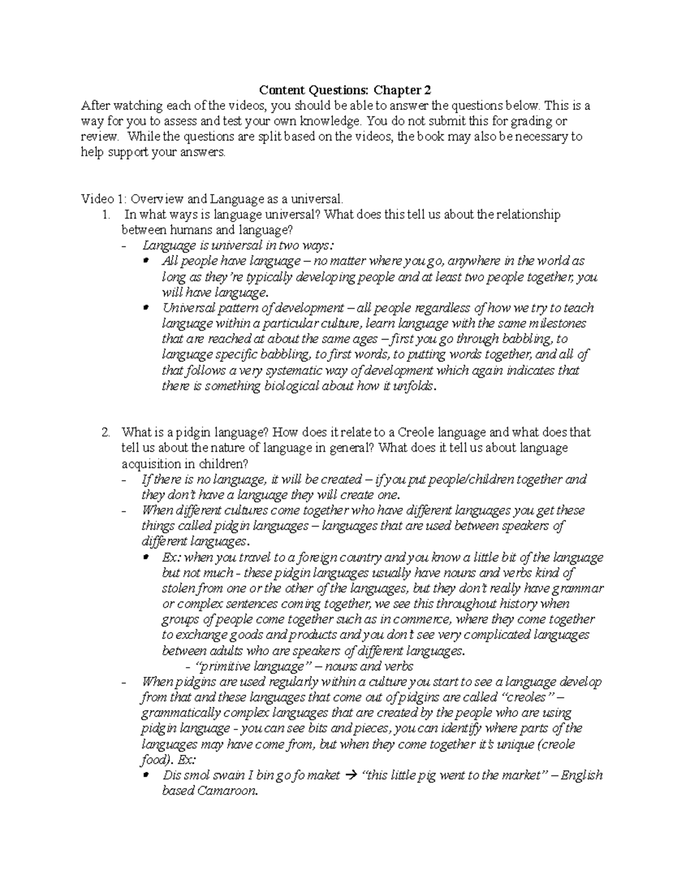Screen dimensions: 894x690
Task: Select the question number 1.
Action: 105,215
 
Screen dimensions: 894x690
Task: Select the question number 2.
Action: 105,432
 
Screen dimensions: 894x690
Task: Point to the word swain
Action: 225,775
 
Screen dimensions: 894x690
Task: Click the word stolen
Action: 178,588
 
